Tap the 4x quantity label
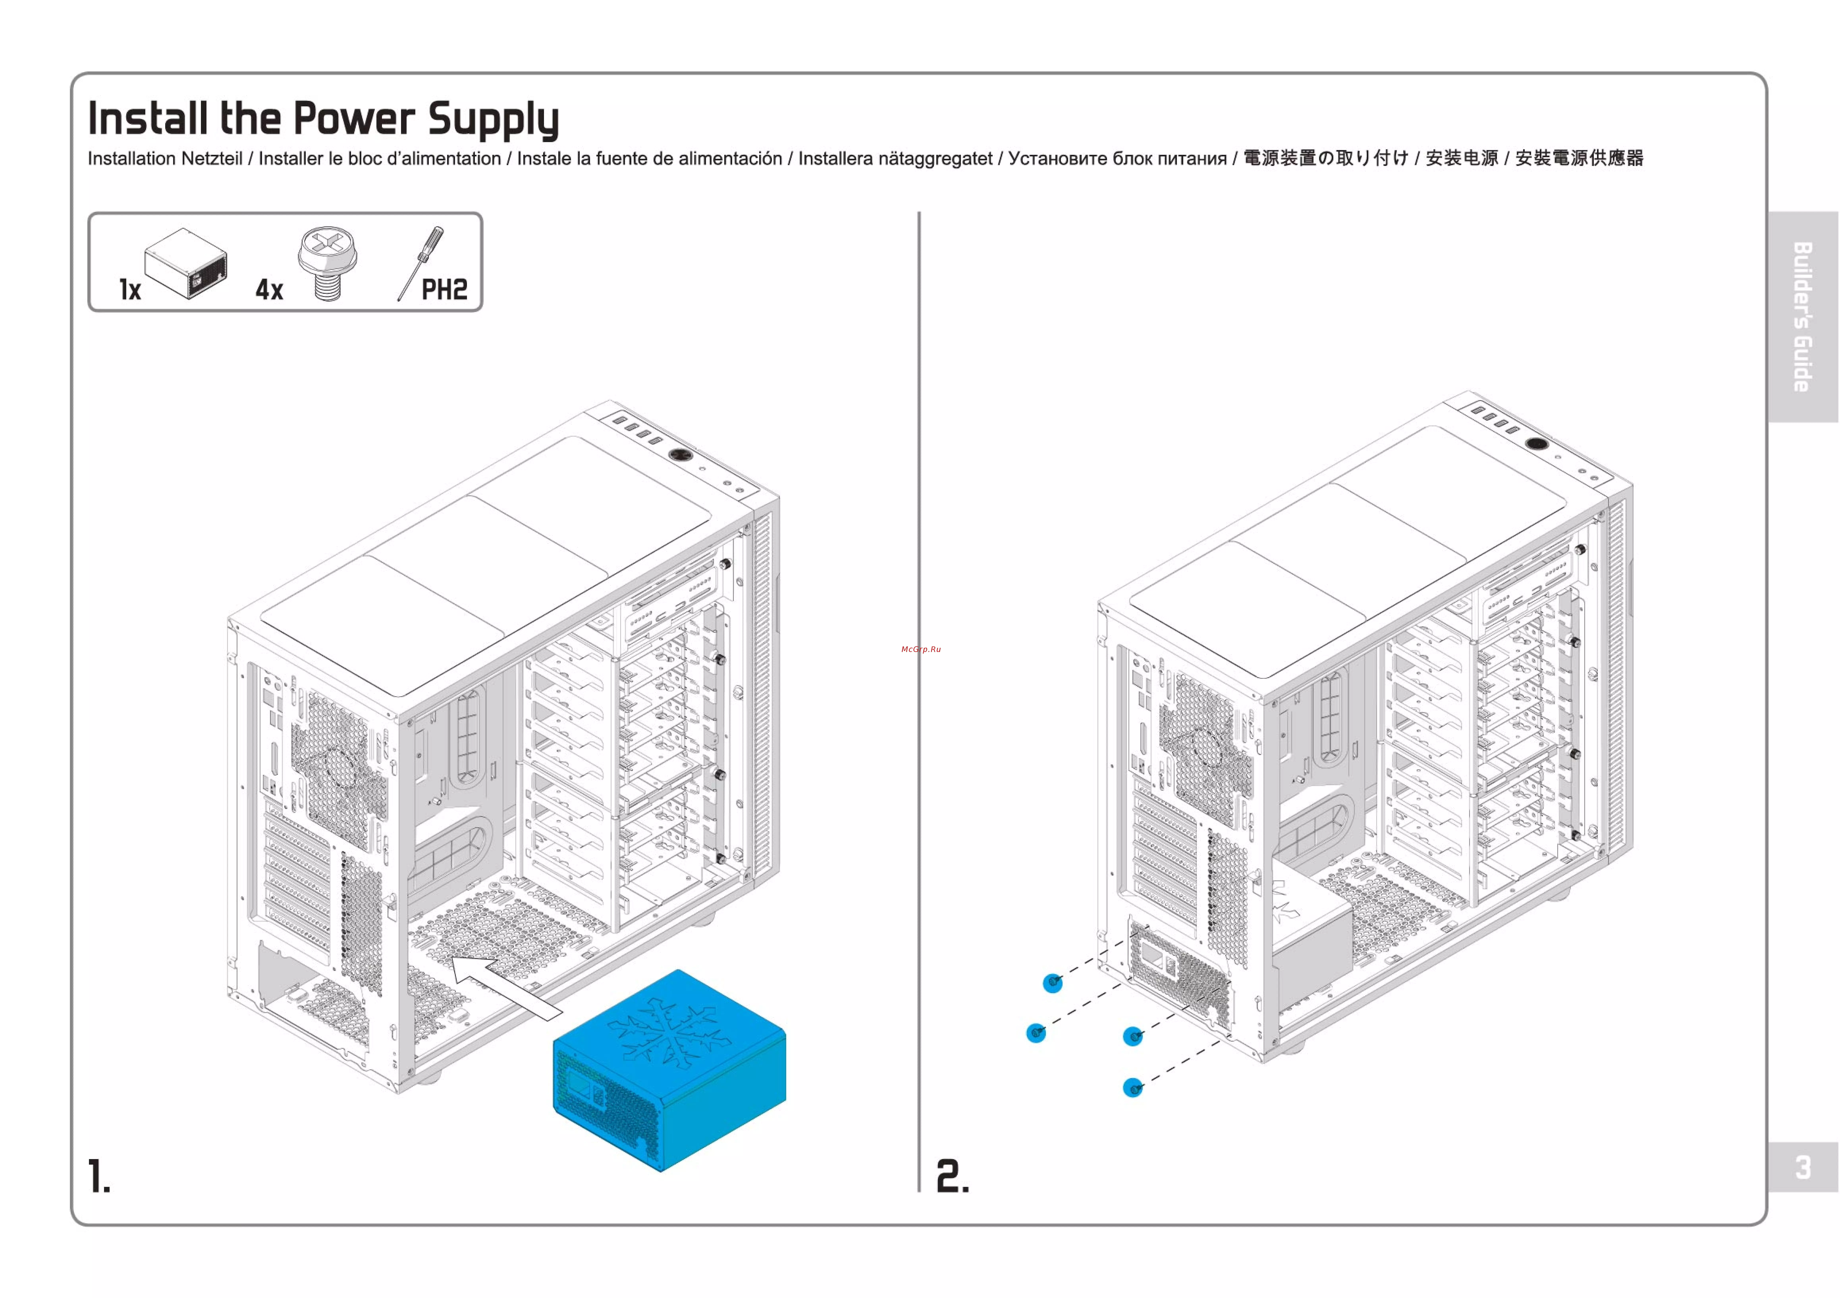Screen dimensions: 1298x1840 click(x=269, y=290)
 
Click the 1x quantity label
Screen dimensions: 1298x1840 click(x=130, y=290)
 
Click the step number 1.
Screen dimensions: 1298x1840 click(x=98, y=1176)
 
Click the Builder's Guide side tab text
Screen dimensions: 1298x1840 click(x=1803, y=317)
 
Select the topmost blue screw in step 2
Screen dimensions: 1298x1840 click(x=1053, y=983)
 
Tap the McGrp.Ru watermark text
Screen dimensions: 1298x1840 click(x=921, y=649)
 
